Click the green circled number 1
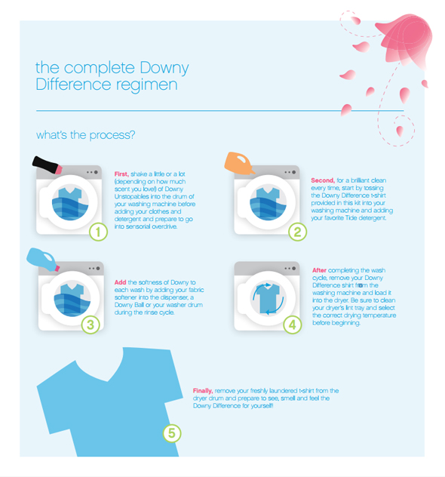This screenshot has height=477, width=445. (98, 232)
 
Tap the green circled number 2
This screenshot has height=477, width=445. (297, 232)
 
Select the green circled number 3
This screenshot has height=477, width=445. (91, 325)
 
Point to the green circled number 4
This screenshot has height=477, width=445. (292, 325)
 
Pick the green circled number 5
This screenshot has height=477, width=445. (172, 433)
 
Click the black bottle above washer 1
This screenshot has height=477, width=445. (47, 165)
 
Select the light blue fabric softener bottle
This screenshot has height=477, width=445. (42, 259)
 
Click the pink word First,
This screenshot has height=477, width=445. (121, 174)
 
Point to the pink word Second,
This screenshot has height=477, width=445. (323, 180)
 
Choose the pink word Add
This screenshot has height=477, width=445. (120, 282)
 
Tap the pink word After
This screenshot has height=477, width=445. (320, 270)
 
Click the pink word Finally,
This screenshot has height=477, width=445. (203, 391)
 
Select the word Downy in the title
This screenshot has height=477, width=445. (164, 68)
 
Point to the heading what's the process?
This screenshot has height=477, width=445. (86, 135)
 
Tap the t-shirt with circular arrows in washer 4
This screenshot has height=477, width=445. (268, 298)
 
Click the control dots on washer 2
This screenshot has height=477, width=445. (290, 172)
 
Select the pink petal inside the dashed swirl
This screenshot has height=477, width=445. (400, 131)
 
